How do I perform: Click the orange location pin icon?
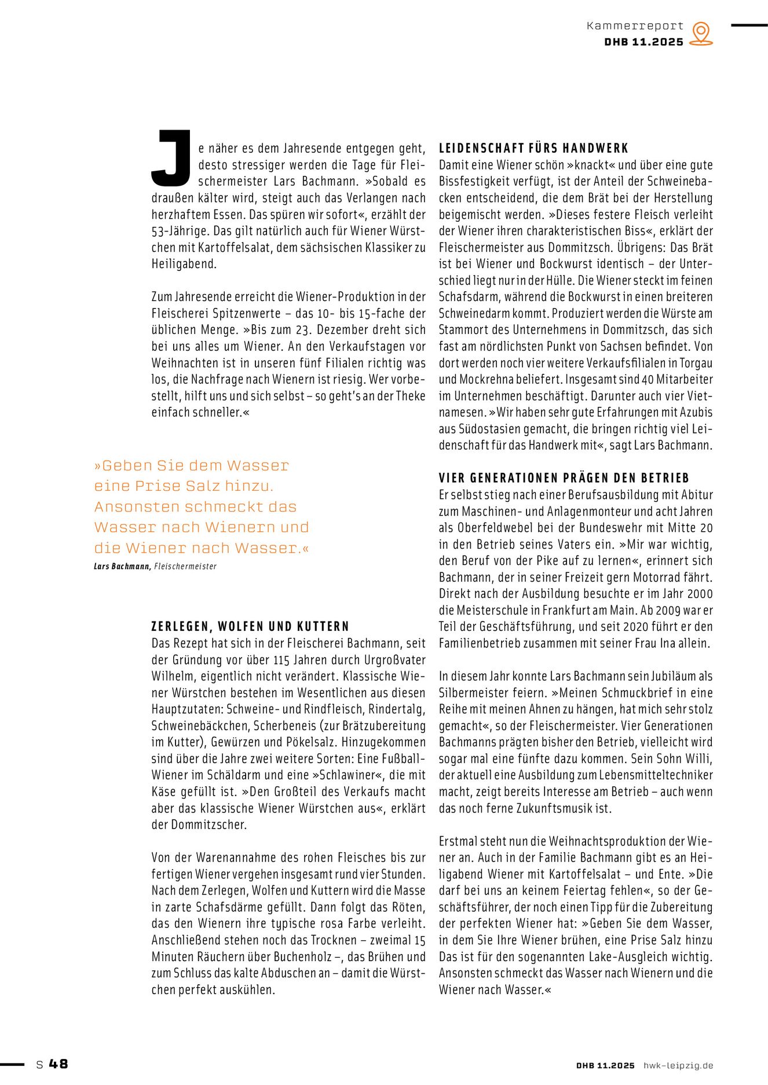[701, 33]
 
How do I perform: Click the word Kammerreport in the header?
[635, 26]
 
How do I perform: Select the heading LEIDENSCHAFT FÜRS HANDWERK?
[533, 148]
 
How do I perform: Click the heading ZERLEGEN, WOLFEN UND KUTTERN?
[250, 626]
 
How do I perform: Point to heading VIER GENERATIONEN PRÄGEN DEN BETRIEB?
[564, 478]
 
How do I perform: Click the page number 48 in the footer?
[58, 1064]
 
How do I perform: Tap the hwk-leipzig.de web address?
[678, 1065]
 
